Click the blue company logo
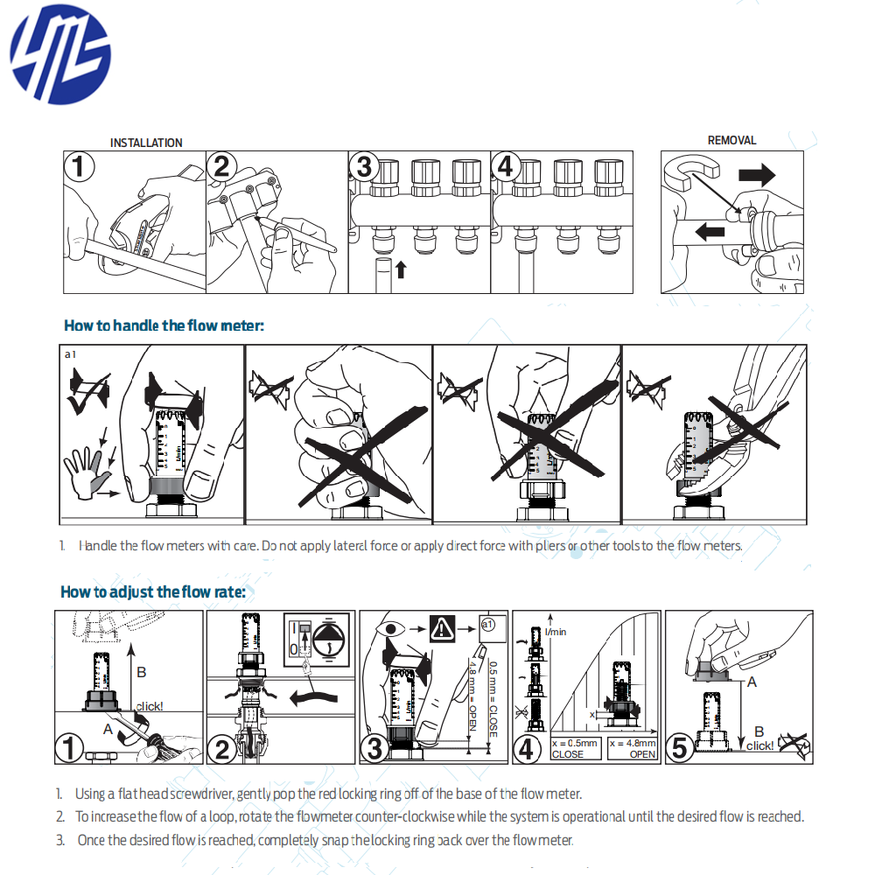[60, 54]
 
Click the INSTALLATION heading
[146, 143]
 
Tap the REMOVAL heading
[731, 140]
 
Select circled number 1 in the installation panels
[80, 166]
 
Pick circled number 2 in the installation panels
[223, 166]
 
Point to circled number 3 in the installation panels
[365, 166]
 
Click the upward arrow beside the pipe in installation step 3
[401, 269]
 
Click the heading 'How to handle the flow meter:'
[164, 325]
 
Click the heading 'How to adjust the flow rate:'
[152, 591]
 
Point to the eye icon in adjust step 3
[390, 629]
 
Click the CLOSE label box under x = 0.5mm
[576, 748]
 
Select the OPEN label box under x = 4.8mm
[632, 748]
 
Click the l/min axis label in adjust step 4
[556, 631]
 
